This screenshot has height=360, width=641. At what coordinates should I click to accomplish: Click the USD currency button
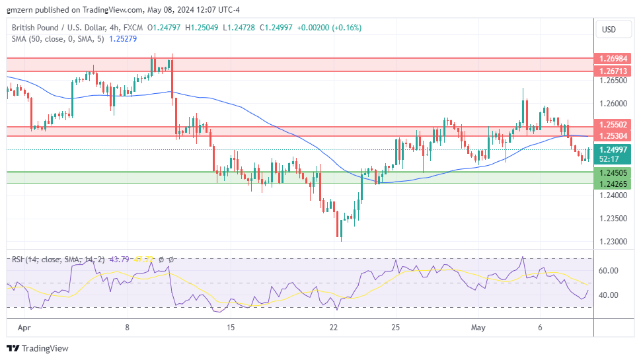pos(607,29)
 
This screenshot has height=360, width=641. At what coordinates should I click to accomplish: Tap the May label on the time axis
pos(478,327)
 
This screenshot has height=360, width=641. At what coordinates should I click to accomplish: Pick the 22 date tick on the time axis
pos(334,327)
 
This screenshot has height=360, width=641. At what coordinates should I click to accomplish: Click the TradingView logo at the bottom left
pos(38,348)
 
